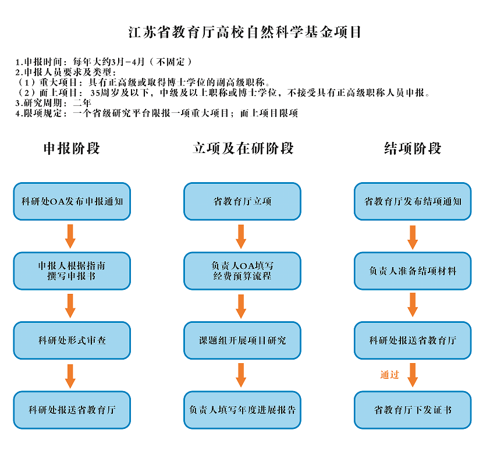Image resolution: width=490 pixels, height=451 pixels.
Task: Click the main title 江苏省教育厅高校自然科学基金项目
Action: (x=244, y=32)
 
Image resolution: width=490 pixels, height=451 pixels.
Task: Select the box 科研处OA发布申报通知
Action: (x=72, y=201)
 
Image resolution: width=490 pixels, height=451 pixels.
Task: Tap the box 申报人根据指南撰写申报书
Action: (x=72, y=271)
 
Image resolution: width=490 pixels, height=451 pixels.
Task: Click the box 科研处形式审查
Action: (x=72, y=340)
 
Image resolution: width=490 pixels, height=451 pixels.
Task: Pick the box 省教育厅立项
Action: (x=243, y=201)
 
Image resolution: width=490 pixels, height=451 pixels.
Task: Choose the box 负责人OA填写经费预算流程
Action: (x=243, y=271)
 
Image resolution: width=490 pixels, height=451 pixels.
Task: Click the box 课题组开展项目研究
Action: (x=243, y=340)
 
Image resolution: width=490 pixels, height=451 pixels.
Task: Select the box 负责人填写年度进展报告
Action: (x=243, y=410)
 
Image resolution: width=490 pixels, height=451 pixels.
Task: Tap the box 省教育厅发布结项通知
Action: (x=413, y=201)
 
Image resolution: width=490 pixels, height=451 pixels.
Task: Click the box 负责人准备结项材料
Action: (x=413, y=271)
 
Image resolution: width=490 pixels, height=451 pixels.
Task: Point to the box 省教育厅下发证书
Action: (x=413, y=410)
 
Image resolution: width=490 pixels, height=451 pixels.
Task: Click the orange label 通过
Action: (x=389, y=375)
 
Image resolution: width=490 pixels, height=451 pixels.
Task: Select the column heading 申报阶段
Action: (x=72, y=148)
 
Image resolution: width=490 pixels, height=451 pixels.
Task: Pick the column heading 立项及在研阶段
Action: (x=243, y=148)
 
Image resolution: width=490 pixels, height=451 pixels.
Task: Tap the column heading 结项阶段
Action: (x=413, y=148)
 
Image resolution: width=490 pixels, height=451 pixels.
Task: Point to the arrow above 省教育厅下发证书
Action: (x=413, y=375)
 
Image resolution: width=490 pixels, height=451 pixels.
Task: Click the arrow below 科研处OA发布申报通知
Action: (x=70, y=236)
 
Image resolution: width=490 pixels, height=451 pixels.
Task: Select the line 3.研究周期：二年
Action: (x=53, y=103)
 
